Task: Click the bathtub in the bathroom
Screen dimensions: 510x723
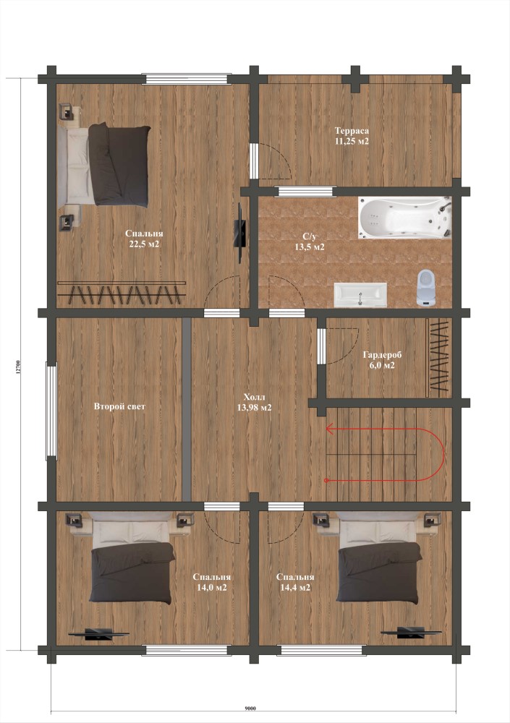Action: click(x=404, y=218)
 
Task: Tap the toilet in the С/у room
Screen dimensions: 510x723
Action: click(x=426, y=288)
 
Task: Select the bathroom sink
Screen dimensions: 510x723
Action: click(x=360, y=295)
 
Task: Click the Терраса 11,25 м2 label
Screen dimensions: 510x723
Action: click(x=352, y=136)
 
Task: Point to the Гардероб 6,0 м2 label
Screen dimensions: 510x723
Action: click(x=382, y=360)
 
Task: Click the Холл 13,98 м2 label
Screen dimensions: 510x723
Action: click(x=254, y=402)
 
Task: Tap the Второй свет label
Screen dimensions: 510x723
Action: click(x=119, y=406)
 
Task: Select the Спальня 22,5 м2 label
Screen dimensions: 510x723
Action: click(x=144, y=239)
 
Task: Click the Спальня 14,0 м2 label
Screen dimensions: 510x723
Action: click(x=211, y=582)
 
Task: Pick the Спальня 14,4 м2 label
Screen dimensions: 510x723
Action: click(x=295, y=582)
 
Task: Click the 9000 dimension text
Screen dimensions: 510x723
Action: click(x=250, y=709)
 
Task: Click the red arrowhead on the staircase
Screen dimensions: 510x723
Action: click(x=330, y=429)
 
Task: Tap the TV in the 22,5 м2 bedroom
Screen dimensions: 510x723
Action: click(x=240, y=233)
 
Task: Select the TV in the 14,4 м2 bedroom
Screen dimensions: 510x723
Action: click(x=410, y=632)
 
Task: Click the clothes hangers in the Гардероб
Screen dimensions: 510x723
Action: click(x=439, y=358)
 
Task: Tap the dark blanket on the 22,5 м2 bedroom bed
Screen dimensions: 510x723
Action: click(x=119, y=165)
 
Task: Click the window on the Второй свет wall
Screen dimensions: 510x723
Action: click(x=51, y=411)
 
